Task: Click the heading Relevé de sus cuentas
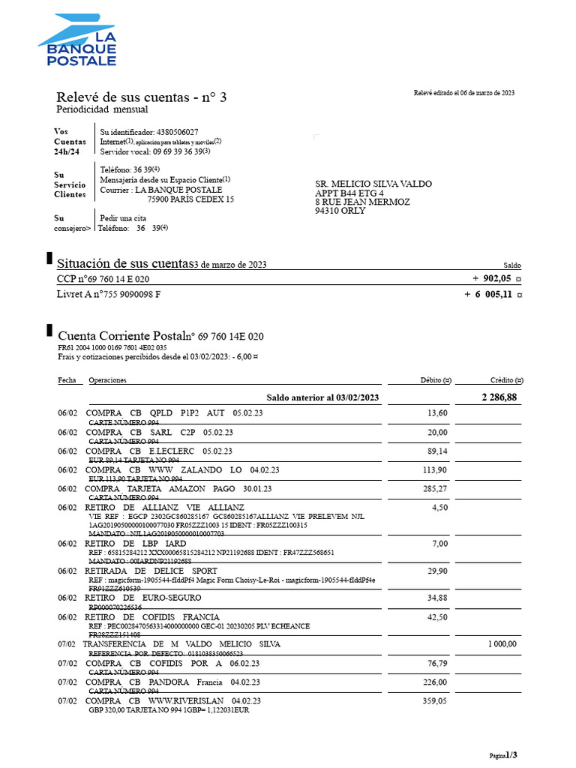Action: click(141, 97)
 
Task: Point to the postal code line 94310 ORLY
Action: click(340, 211)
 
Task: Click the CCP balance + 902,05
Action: click(491, 278)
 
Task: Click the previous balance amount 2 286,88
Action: click(499, 397)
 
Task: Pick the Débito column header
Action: click(435, 380)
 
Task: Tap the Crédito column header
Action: click(506, 380)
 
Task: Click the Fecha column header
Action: click(67, 380)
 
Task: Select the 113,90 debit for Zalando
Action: click(435, 470)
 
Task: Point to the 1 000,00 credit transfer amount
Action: click(502, 644)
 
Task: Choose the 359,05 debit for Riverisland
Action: click(435, 701)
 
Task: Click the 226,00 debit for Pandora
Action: click(435, 682)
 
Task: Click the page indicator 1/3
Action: click(511, 754)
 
